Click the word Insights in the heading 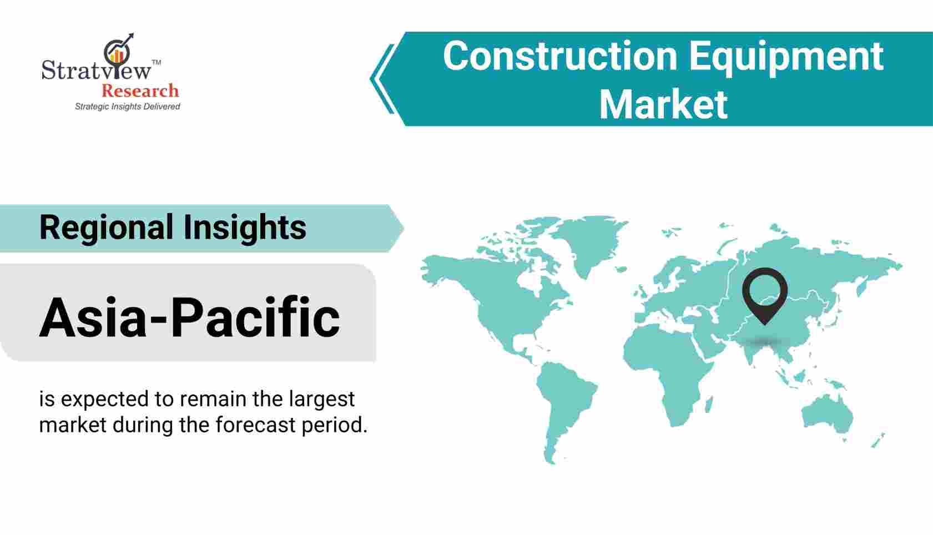tap(245, 228)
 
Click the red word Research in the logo tap(140, 90)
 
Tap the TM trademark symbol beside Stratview tap(156, 63)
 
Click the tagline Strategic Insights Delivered tap(128, 107)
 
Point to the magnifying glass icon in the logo tap(117, 53)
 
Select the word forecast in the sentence tap(255, 425)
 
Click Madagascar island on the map tap(709, 404)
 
